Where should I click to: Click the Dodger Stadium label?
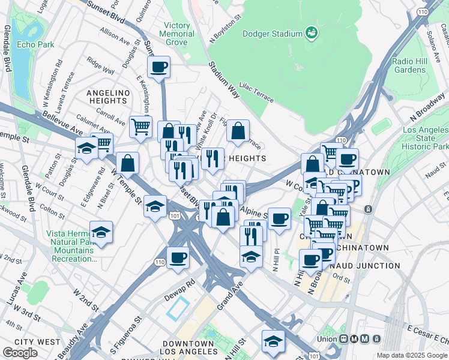tap(272, 34)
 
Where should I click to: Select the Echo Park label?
tap(35, 44)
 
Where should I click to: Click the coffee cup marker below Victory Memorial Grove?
tap(158, 67)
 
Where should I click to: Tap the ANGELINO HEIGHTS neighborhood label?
tap(108, 93)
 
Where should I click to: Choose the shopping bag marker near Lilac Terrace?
tap(238, 130)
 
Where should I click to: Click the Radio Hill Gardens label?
tap(409, 65)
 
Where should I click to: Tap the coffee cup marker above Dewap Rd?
tap(178, 258)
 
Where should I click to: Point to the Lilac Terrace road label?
tap(256, 92)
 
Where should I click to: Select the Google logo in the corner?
tap(20, 353)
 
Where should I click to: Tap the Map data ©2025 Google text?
tap(412, 355)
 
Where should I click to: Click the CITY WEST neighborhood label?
tap(37, 341)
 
